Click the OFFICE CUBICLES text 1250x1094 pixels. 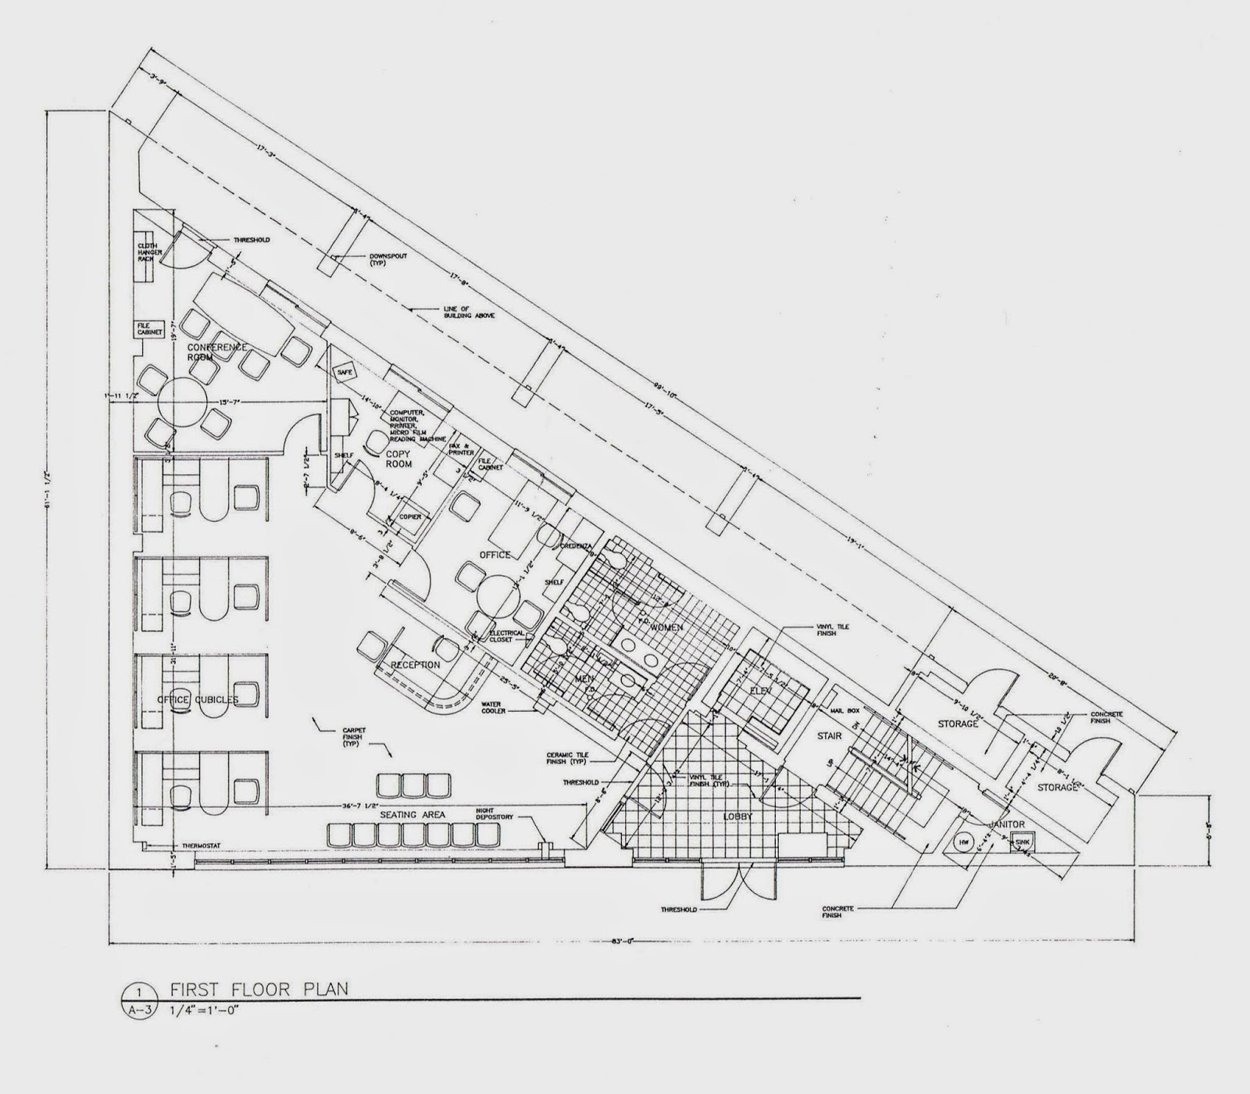[x=197, y=698]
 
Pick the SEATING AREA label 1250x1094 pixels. [x=412, y=814]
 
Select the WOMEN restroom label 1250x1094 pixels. [x=666, y=627]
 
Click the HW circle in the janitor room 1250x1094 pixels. [x=963, y=842]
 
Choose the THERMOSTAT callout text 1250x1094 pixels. [x=177, y=846]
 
